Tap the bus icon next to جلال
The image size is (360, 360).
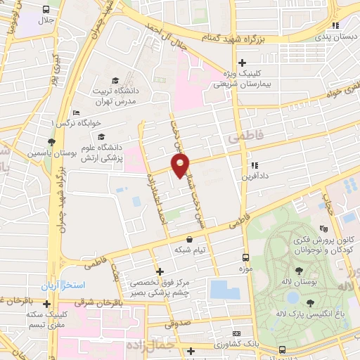pos(46,10)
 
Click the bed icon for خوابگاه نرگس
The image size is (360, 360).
pos(76,113)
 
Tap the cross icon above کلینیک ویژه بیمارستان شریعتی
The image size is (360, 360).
pos(243,62)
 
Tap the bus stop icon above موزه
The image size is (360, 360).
pos(245,257)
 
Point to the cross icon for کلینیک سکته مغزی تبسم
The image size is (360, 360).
pos(46,304)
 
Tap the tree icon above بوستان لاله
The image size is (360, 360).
pos(300,271)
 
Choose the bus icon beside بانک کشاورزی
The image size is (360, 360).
pos(282,349)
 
